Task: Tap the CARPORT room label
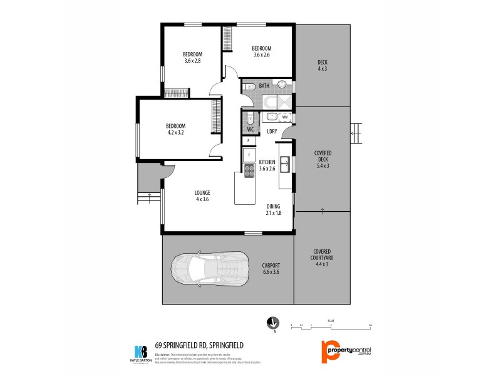(x=271, y=268)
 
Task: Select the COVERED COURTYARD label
(x=323, y=259)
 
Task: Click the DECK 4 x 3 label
(x=323, y=65)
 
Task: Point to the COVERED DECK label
(x=323, y=159)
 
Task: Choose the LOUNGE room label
(x=202, y=196)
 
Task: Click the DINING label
(x=274, y=210)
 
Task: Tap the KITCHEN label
(x=267, y=165)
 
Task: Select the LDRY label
(x=272, y=131)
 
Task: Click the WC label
(x=250, y=130)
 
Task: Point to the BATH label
(x=264, y=86)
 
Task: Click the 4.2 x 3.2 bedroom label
(x=175, y=129)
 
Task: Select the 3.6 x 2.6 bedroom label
(x=261, y=52)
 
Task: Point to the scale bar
(x=331, y=326)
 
